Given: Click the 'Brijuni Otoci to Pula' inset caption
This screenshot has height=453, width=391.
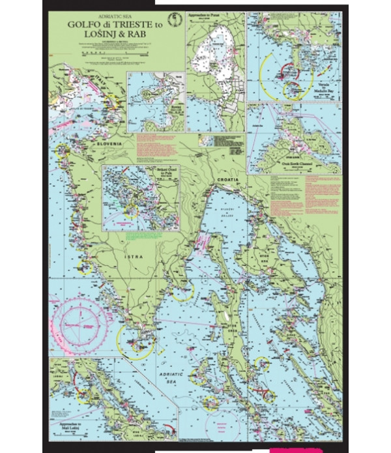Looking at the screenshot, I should point(166,173).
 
